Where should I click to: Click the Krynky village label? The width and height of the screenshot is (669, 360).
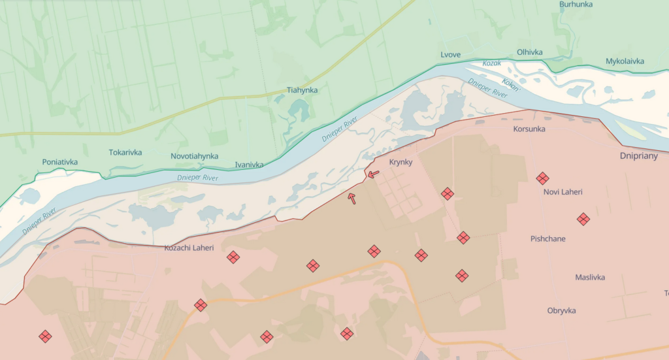[400, 162]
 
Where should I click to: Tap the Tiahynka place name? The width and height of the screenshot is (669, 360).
[302, 90]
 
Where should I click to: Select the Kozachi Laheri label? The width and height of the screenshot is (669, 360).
[189, 248]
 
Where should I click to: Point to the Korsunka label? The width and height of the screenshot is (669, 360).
[529, 129]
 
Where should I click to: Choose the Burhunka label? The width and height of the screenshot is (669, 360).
[576, 5]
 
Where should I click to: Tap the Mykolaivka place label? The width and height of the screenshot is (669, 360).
[625, 61]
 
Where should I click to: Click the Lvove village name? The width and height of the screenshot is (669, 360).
[451, 54]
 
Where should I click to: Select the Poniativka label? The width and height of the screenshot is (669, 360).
[59, 162]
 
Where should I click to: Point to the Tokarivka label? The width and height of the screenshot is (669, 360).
[125, 153]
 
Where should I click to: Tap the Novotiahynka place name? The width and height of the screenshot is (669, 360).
[195, 157]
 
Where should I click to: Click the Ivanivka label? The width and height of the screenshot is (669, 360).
[249, 165]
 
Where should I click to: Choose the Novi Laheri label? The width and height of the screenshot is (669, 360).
[563, 192]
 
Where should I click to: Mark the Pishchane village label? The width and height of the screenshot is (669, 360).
[547, 239]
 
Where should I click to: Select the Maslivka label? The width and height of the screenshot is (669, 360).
[590, 278]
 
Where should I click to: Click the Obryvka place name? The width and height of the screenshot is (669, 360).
[561, 311]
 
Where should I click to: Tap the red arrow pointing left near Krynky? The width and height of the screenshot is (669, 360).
[373, 174]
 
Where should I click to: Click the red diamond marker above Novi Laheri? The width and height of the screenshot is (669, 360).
[542, 178]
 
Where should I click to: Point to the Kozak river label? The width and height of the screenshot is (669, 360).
[491, 63]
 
